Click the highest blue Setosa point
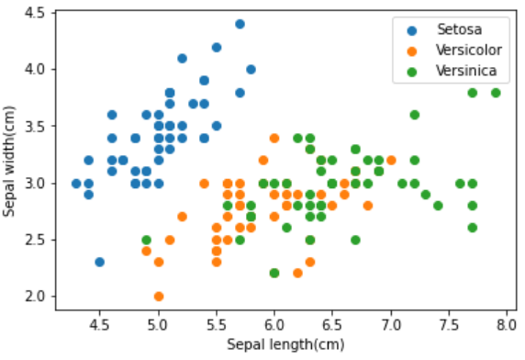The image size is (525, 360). [240, 24]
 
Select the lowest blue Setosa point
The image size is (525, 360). [100, 262]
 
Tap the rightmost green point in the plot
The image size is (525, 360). [496, 93]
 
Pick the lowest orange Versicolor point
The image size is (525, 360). [159, 297]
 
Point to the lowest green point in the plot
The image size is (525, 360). [274, 273]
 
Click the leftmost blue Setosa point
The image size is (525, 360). [77, 184]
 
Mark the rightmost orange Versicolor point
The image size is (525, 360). [391, 161]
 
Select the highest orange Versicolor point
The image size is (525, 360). [274, 138]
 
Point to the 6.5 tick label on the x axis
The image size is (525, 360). [332, 323]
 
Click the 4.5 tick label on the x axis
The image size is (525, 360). [100, 323]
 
